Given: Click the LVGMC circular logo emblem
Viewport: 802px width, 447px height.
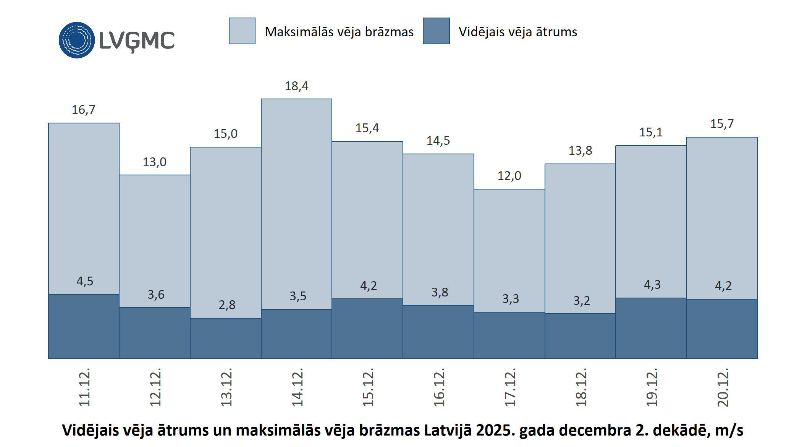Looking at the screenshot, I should (77, 40).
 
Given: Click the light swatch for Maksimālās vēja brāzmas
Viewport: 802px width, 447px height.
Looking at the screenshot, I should (242, 31).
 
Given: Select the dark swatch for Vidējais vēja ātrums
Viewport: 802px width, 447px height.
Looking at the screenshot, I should (436, 31).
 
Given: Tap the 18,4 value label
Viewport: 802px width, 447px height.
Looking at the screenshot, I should (296, 86).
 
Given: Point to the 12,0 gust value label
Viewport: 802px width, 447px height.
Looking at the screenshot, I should (509, 176).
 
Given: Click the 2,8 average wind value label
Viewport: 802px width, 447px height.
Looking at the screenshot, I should (227, 305).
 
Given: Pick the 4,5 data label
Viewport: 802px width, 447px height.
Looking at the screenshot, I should (85, 282).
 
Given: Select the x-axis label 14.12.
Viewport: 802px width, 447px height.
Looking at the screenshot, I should (297, 387).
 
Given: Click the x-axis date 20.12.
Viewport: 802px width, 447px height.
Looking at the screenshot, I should (723, 387).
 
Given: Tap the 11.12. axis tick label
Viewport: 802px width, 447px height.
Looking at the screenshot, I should (84, 387).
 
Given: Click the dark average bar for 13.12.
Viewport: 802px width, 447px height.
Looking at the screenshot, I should (226, 338).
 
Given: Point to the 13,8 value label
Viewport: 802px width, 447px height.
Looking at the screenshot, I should (580, 151).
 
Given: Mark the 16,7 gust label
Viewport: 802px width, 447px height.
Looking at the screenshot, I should (83, 110).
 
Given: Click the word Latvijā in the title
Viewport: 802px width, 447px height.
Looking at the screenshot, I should (448, 430).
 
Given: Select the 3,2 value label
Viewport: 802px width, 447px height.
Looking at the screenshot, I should (582, 301).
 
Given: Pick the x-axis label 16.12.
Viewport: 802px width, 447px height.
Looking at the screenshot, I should (439, 387).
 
